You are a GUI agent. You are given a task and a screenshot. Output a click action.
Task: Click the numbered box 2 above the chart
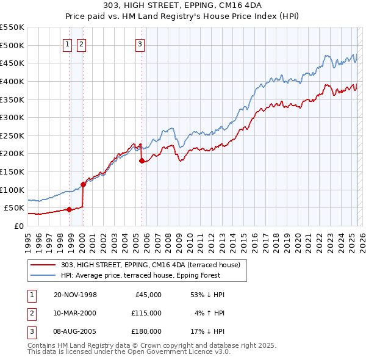(x=81, y=43)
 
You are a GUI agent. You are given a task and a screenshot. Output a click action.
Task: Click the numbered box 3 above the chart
(x=140, y=43)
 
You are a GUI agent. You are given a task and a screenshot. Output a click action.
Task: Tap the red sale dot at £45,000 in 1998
(x=70, y=209)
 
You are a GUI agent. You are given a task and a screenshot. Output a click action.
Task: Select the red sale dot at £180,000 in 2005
(x=142, y=161)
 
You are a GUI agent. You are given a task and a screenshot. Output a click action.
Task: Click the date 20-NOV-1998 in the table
(x=76, y=295)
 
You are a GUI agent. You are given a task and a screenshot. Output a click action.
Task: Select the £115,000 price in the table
(x=146, y=313)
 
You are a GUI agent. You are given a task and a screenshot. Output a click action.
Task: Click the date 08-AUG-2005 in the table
(x=76, y=331)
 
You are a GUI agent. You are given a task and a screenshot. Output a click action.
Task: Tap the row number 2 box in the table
(x=31, y=313)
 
